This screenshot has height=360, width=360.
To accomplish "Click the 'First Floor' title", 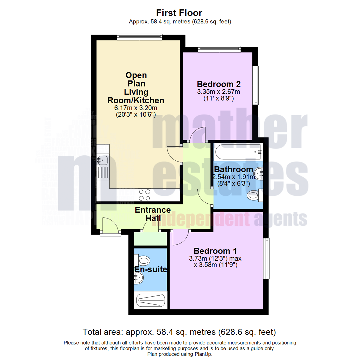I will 179,13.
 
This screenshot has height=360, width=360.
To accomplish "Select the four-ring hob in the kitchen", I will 144,195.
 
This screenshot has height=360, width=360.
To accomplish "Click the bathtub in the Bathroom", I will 238,152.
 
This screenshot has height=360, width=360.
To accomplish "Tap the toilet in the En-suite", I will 143,260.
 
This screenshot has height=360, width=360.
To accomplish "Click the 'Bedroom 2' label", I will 219,84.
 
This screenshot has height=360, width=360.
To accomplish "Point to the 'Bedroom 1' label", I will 216,251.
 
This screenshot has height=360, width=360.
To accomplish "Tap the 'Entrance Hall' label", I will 153,214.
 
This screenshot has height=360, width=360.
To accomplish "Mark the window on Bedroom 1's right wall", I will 266,258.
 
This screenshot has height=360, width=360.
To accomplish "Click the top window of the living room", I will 139,36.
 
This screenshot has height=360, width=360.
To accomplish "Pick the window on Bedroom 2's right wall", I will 256,85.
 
